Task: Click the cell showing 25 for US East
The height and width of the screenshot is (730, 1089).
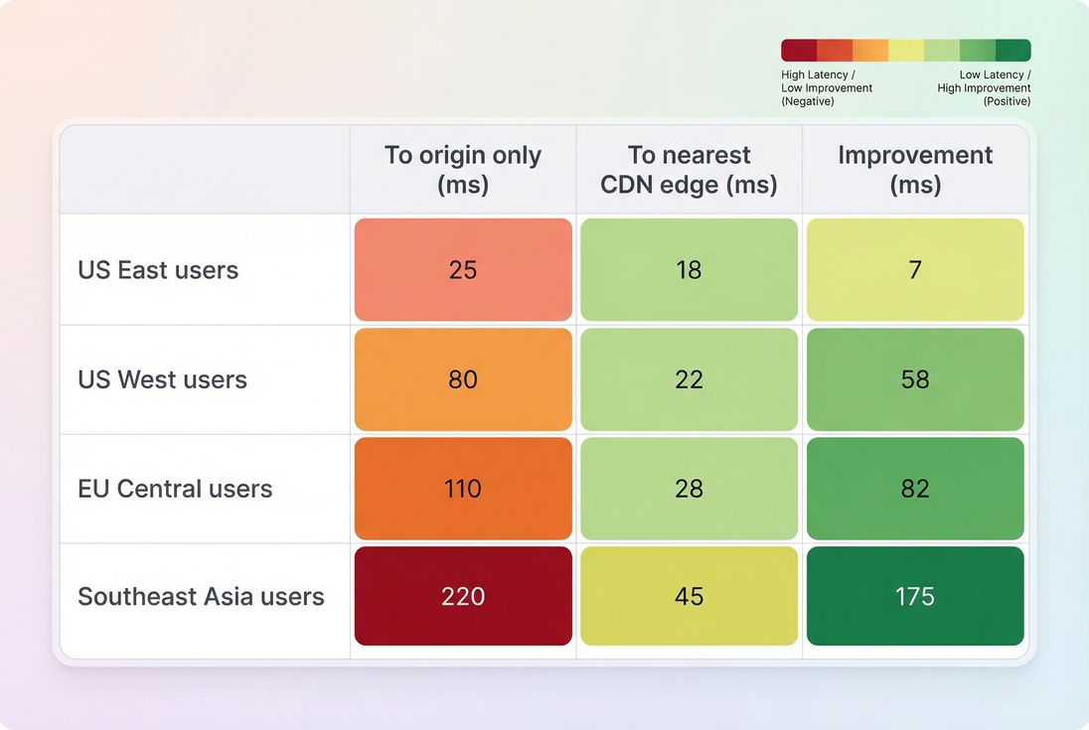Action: [x=463, y=270]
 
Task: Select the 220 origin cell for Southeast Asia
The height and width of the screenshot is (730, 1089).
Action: [x=463, y=596]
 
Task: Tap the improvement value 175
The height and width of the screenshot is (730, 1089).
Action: [x=915, y=596]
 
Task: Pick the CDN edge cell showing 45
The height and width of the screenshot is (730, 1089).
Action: [x=689, y=596]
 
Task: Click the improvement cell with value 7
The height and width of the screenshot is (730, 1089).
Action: [x=915, y=270]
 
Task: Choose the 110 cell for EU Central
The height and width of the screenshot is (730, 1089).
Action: [x=463, y=488]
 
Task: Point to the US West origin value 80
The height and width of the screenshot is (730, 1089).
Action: [x=463, y=379]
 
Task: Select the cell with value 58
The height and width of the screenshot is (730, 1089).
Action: [x=915, y=379]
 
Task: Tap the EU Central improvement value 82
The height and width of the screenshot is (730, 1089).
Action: [x=915, y=488]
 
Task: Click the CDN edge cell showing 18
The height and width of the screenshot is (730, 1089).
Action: [x=689, y=270]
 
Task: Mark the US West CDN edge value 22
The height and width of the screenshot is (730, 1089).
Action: [x=689, y=379]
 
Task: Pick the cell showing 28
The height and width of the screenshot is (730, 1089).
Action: [x=689, y=488]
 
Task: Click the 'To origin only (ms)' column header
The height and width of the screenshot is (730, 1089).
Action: [x=463, y=170]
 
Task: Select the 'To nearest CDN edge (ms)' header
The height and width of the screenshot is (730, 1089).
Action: [x=689, y=170]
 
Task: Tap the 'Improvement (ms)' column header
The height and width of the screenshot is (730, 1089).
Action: [x=915, y=170]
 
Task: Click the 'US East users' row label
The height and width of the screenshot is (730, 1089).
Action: [x=158, y=270]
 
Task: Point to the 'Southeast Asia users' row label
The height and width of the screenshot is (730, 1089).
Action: [x=201, y=596]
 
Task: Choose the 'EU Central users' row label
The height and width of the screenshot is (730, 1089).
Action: [x=175, y=488]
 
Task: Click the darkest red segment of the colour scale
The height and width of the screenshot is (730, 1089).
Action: [x=799, y=51]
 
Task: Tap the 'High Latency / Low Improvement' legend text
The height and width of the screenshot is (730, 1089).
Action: [x=827, y=87]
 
